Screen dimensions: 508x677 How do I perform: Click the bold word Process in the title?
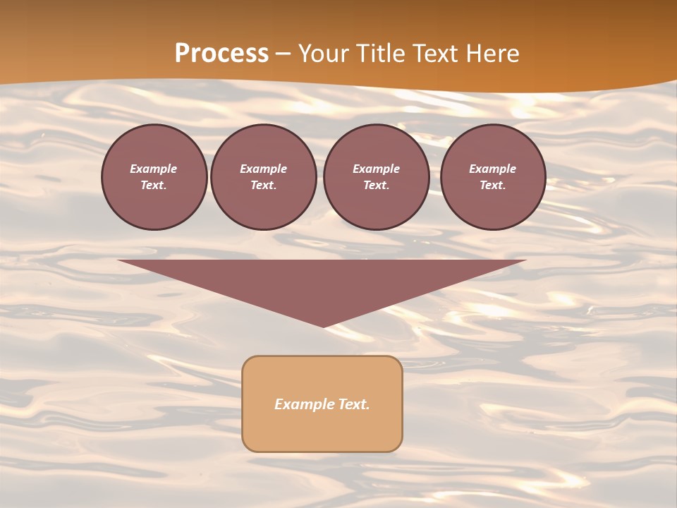[x=221, y=54]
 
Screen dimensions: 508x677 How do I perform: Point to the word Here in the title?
[x=492, y=54]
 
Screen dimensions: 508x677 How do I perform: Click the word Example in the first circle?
[x=154, y=169]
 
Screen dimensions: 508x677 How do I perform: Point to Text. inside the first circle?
[x=154, y=186]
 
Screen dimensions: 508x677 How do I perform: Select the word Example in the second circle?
[x=264, y=169]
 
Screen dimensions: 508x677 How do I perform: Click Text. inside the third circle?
[x=376, y=186]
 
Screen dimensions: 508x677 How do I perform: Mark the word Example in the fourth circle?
[x=493, y=169]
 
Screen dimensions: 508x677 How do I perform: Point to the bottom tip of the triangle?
[x=323, y=325]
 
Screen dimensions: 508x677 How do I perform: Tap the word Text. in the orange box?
[x=354, y=404]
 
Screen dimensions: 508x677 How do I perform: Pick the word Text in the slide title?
[x=436, y=54]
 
